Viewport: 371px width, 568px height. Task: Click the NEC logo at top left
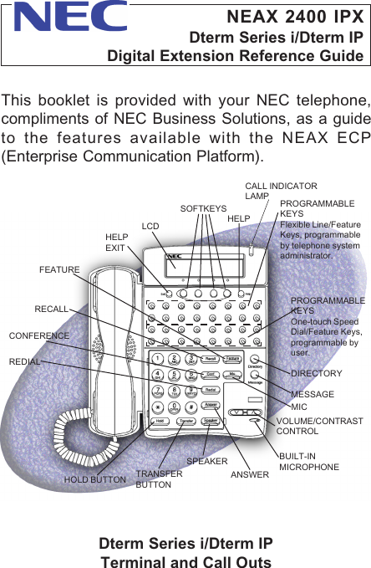click(71, 17)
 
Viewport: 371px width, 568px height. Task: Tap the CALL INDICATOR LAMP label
click(280, 190)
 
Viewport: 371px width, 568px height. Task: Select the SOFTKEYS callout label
click(204, 207)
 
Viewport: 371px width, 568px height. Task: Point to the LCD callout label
click(150, 226)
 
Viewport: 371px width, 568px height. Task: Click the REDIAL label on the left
click(25, 362)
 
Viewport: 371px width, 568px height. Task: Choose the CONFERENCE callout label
click(38, 335)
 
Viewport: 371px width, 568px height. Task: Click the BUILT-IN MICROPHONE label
click(309, 460)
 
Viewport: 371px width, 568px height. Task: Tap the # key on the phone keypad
click(191, 407)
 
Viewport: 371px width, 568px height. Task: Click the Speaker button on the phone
click(211, 421)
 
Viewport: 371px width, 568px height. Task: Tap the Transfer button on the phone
click(185, 421)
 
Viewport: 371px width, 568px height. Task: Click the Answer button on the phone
click(211, 406)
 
